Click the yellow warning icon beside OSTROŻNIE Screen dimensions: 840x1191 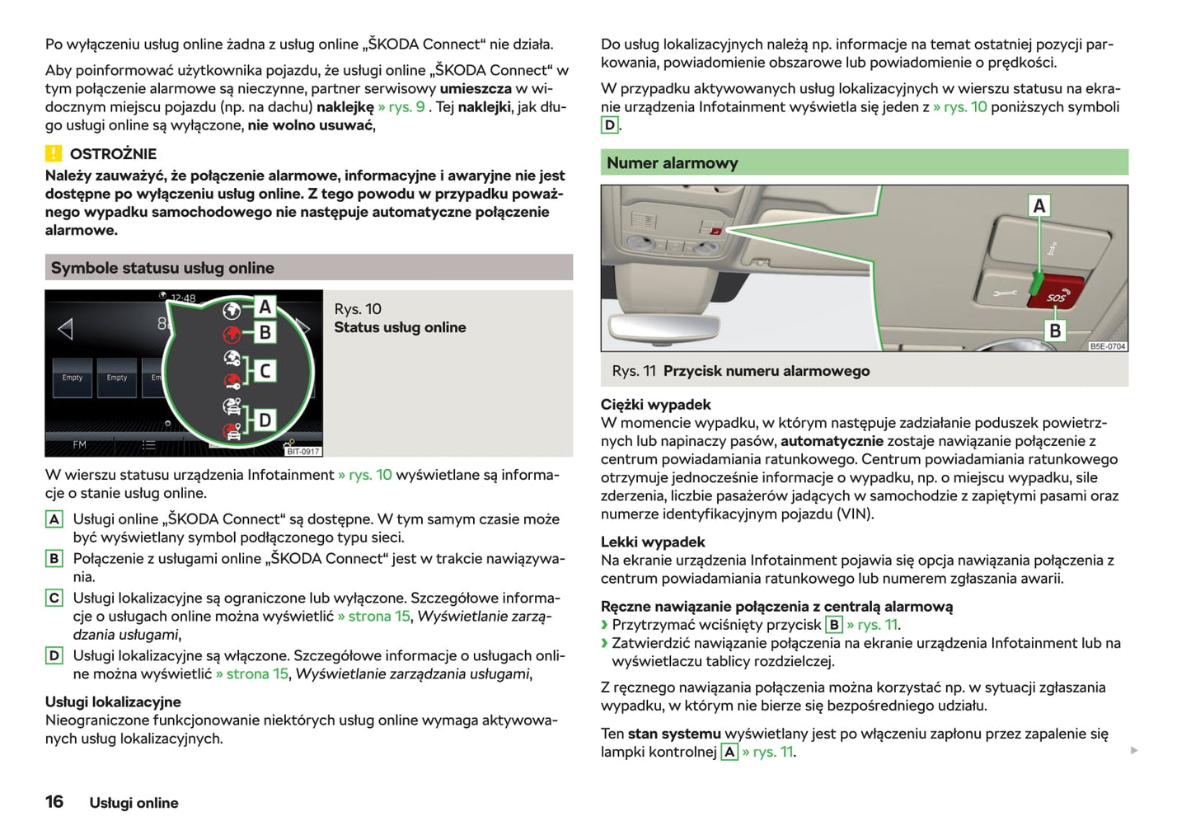click(x=54, y=153)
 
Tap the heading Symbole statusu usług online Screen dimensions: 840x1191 click(x=162, y=268)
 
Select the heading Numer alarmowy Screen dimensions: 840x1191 click(x=672, y=163)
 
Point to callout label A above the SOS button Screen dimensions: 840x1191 click(x=1039, y=205)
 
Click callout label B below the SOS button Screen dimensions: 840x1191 click(x=1055, y=331)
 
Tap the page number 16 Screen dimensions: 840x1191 click(x=54, y=802)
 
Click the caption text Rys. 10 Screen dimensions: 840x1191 click(x=358, y=309)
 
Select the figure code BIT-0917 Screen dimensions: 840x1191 click(x=302, y=451)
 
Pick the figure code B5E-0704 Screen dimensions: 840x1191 click(x=1107, y=346)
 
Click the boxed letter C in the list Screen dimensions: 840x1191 click(x=54, y=598)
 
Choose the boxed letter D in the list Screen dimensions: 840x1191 click(x=54, y=655)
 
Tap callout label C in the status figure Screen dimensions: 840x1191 click(x=265, y=371)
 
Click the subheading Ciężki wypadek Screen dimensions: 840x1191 click(x=655, y=405)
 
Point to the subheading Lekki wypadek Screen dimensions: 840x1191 click(x=653, y=542)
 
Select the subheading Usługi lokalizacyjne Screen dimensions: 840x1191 click(x=113, y=702)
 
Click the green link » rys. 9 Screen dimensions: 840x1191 click(x=401, y=107)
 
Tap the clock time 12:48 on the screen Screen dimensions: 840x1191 click(x=183, y=298)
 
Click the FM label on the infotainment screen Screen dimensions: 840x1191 click(x=79, y=445)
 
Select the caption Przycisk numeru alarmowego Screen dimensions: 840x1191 click(x=767, y=371)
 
